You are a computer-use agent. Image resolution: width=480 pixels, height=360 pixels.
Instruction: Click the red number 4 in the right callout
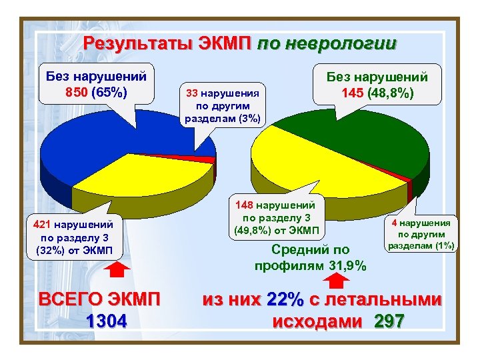tap(395, 223)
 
